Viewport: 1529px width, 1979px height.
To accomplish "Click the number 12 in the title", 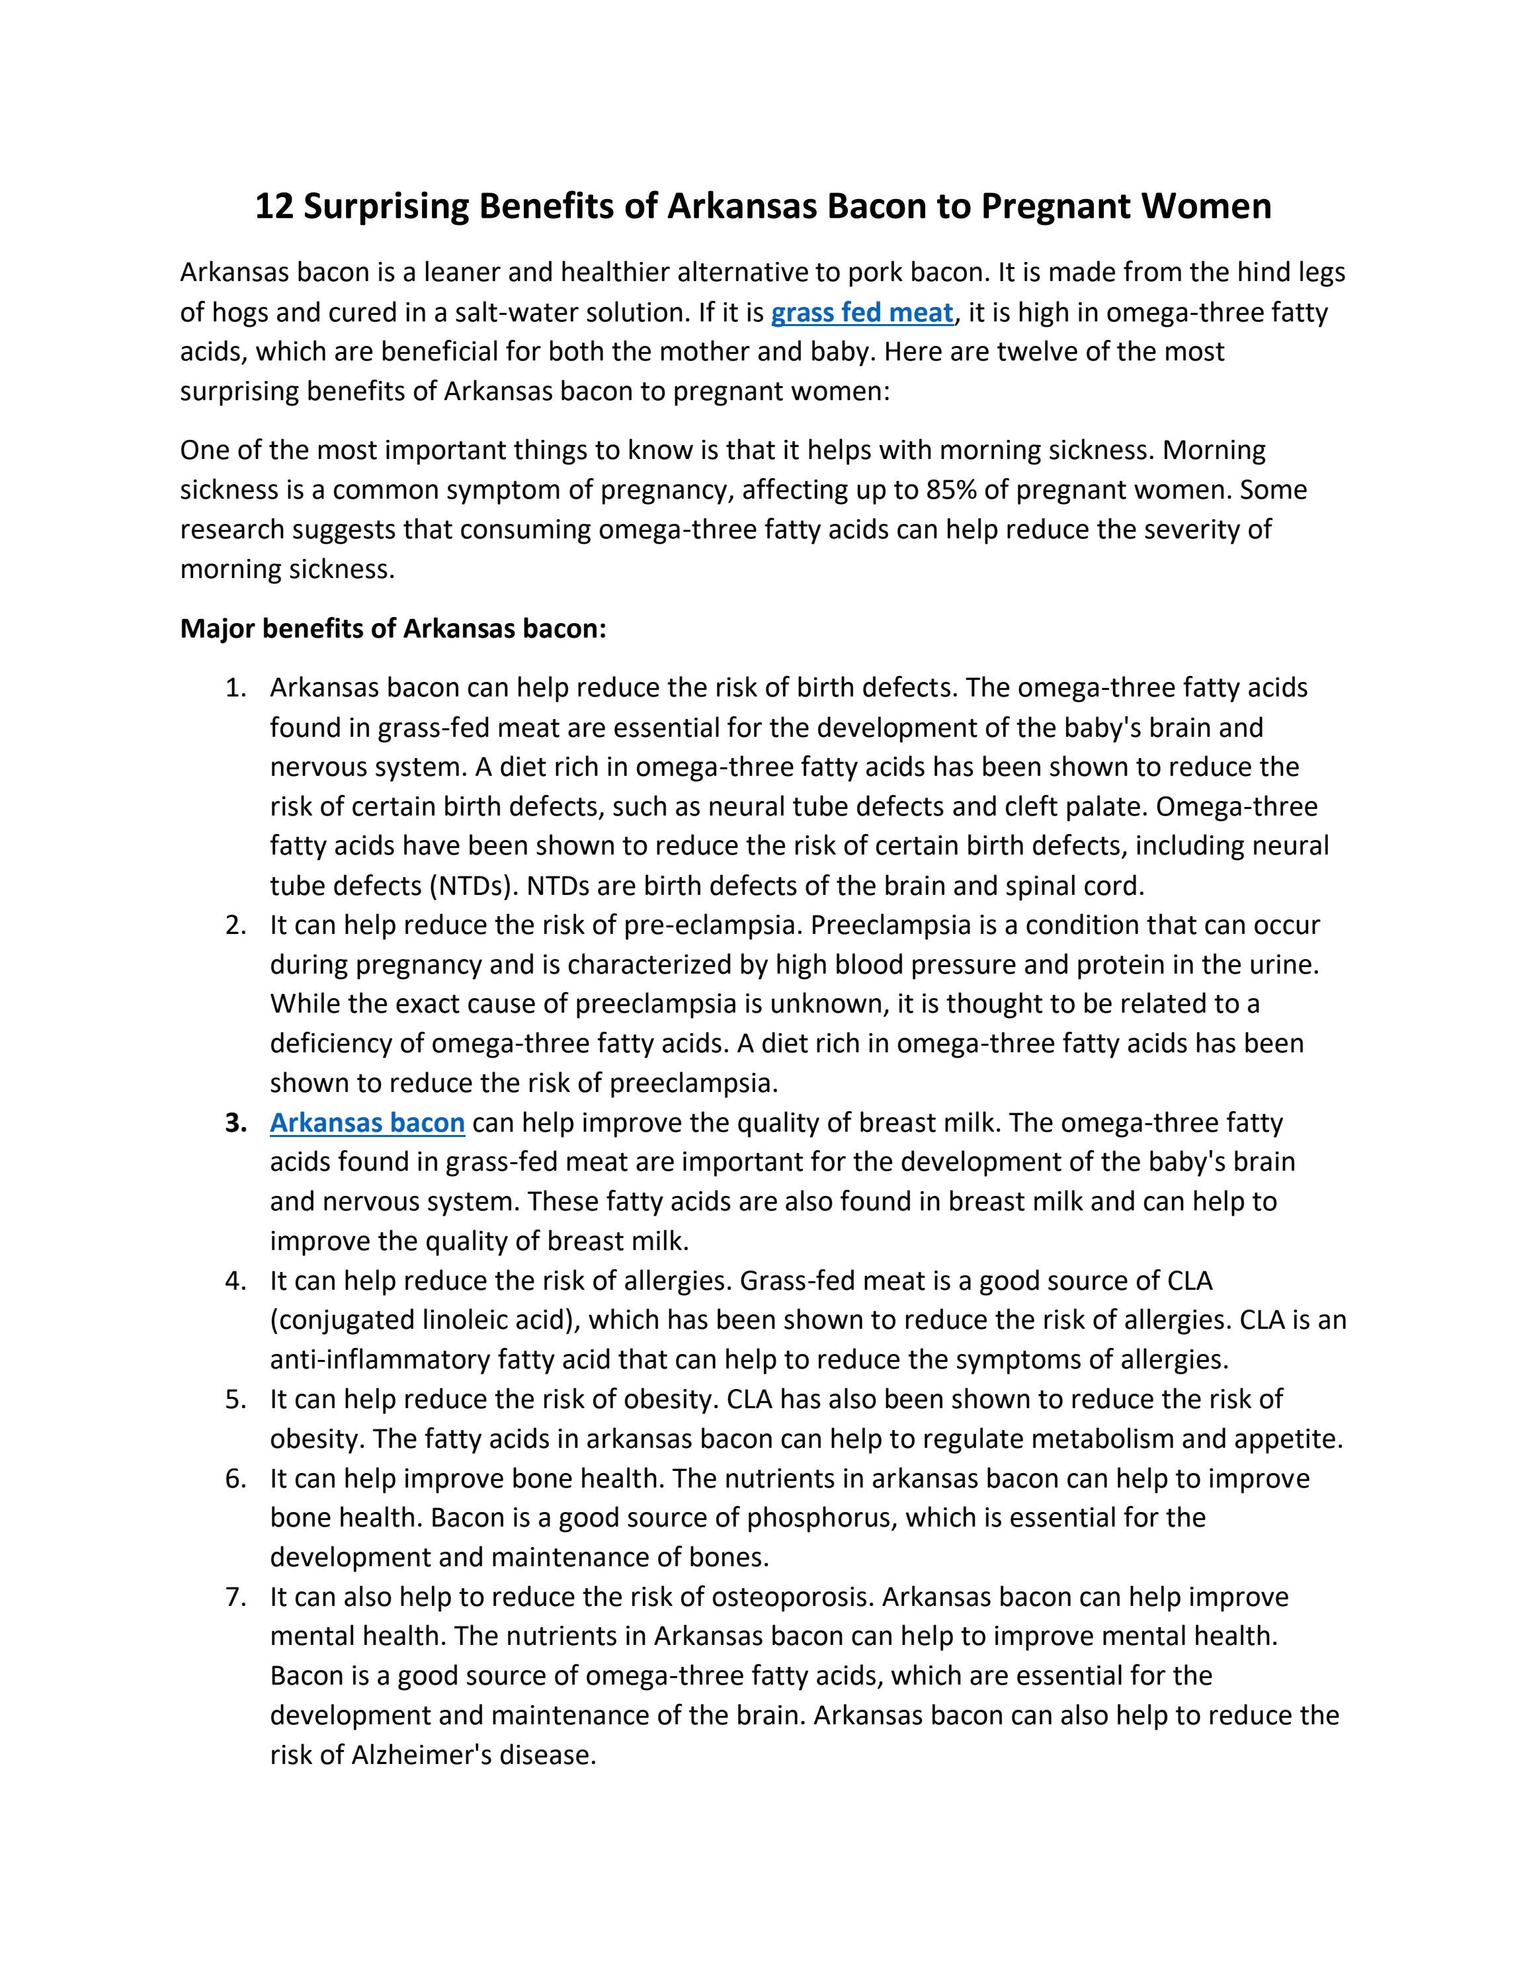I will tap(274, 206).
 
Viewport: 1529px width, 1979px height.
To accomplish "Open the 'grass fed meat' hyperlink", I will tap(862, 313).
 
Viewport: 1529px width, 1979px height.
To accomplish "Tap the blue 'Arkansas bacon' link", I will tap(367, 1122).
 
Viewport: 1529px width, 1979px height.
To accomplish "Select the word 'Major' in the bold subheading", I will tap(218, 628).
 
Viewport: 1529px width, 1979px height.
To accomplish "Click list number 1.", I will tap(235, 688).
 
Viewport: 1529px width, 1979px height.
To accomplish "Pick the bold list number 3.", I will tap(235, 1122).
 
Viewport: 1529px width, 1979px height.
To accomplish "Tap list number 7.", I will tap(235, 1597).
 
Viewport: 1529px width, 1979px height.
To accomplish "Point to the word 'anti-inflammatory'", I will tap(380, 1359).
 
